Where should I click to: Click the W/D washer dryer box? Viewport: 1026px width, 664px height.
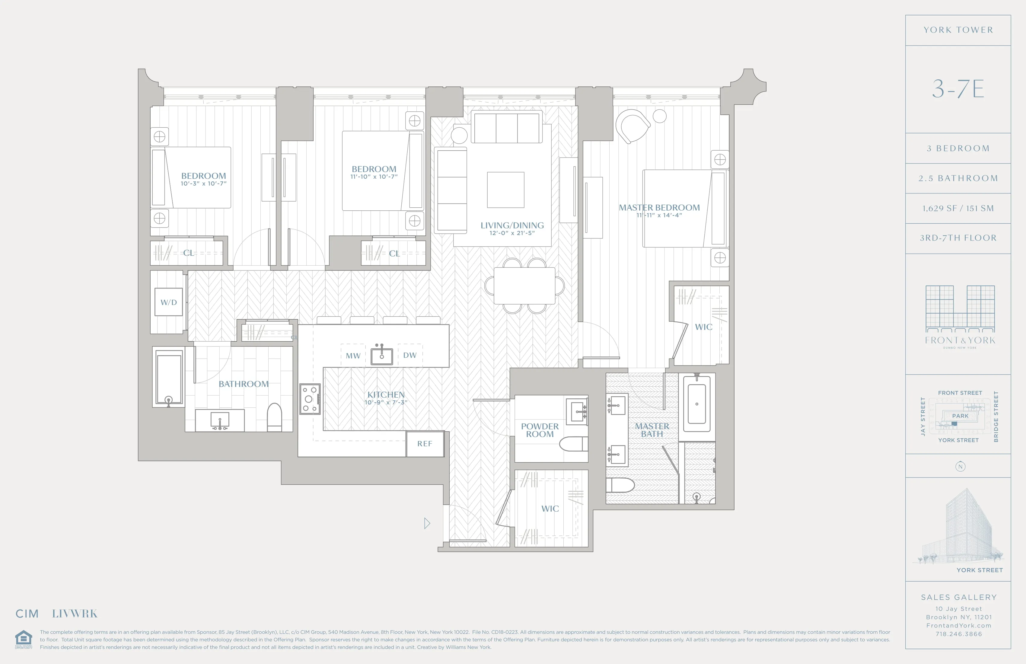coord(169,302)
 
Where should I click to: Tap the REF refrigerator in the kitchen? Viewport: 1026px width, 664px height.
coord(425,444)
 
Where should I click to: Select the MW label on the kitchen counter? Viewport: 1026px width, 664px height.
coord(353,356)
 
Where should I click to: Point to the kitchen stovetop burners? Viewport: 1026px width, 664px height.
coord(310,399)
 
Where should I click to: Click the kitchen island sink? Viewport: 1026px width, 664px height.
coord(381,356)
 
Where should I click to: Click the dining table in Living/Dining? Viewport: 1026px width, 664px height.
coord(524,286)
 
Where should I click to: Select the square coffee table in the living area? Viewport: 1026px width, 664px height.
coord(506,190)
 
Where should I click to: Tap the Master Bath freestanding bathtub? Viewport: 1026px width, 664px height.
coord(697,404)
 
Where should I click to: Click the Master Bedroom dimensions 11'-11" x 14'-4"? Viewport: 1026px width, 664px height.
coord(659,215)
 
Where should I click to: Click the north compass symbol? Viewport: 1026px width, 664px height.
coord(960,467)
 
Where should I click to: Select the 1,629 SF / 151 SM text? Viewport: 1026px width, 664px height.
coord(958,208)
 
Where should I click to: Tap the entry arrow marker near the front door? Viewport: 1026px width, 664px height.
coord(427,523)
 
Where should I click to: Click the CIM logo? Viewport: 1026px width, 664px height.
coord(27,614)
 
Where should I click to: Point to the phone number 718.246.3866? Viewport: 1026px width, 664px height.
coord(958,634)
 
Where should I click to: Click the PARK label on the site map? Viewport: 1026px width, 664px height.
coord(960,416)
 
